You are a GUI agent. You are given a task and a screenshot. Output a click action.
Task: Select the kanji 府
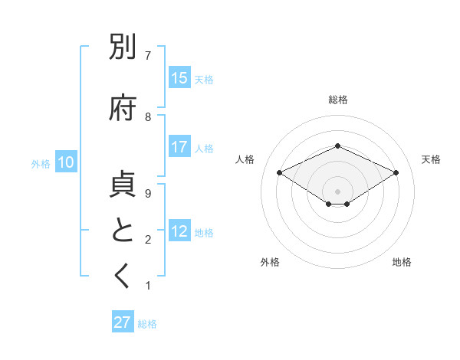[x=123, y=108]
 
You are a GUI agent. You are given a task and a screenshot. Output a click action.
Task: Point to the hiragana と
[x=123, y=230]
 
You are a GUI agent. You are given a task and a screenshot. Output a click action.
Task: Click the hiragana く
[x=123, y=277]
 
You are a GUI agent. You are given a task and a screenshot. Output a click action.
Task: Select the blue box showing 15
[x=179, y=78]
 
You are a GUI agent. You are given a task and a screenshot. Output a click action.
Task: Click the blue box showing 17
[x=179, y=148]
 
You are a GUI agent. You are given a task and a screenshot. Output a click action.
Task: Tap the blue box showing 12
[x=179, y=232]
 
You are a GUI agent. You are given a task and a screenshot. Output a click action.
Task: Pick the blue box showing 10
[x=66, y=162]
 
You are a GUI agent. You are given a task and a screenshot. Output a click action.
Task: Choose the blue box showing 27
[x=123, y=322]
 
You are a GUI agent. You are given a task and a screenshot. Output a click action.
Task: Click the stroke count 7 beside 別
[x=148, y=56]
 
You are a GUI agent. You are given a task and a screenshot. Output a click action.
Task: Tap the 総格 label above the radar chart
[x=337, y=100]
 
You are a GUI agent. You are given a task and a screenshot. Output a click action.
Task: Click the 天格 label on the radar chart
[x=431, y=159]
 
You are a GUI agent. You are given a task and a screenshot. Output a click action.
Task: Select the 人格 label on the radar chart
[x=245, y=159]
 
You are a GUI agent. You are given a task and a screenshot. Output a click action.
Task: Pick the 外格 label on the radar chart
[x=270, y=262]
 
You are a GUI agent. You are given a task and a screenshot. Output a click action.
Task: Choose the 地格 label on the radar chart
[x=402, y=262]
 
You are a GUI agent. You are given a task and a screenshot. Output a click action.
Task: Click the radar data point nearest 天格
[x=396, y=173]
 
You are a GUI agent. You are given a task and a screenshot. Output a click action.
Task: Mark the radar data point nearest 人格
[x=280, y=173]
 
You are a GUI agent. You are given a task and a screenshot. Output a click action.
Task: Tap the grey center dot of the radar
[x=337, y=191]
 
